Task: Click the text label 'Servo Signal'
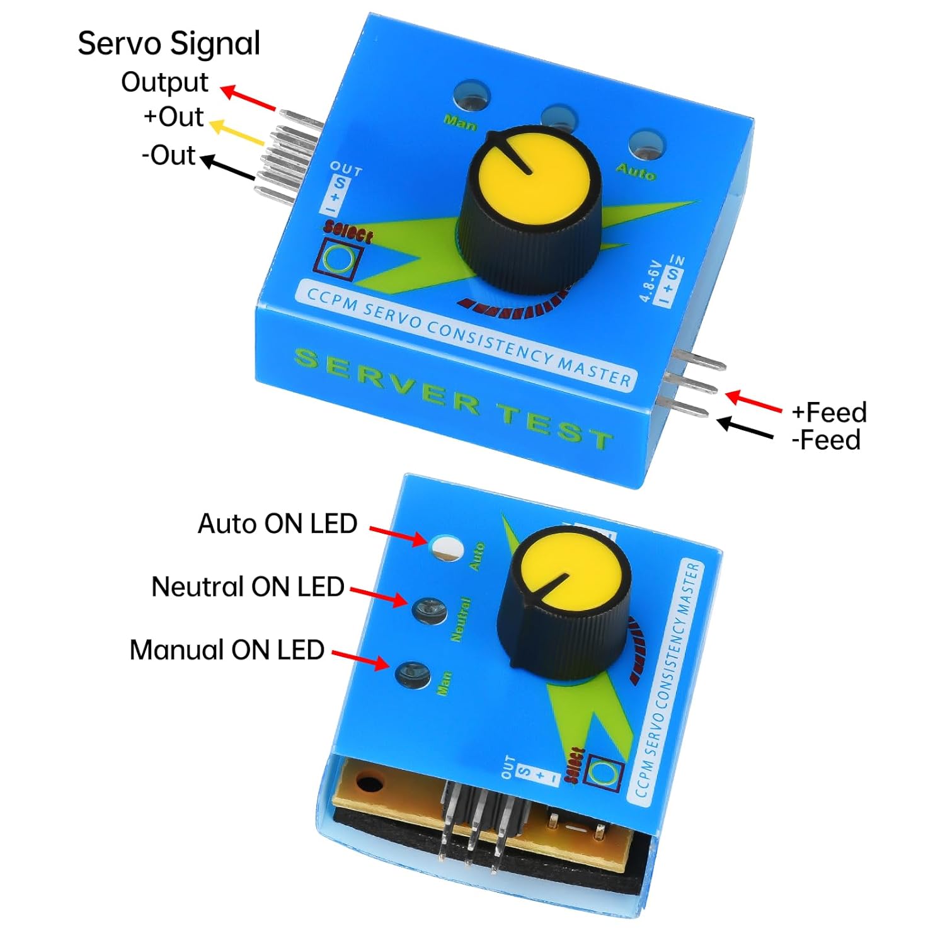point(169,44)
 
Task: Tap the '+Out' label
point(173,117)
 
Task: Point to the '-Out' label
point(168,155)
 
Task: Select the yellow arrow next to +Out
point(236,133)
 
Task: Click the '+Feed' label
point(829,412)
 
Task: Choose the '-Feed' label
point(826,440)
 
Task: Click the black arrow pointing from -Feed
point(745,428)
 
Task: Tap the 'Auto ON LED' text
point(277,524)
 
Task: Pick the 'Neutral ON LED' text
point(248,587)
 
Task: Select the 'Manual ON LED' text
point(227,650)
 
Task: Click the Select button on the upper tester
point(340,258)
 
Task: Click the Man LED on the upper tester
point(472,96)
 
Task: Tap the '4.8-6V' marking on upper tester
point(650,282)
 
